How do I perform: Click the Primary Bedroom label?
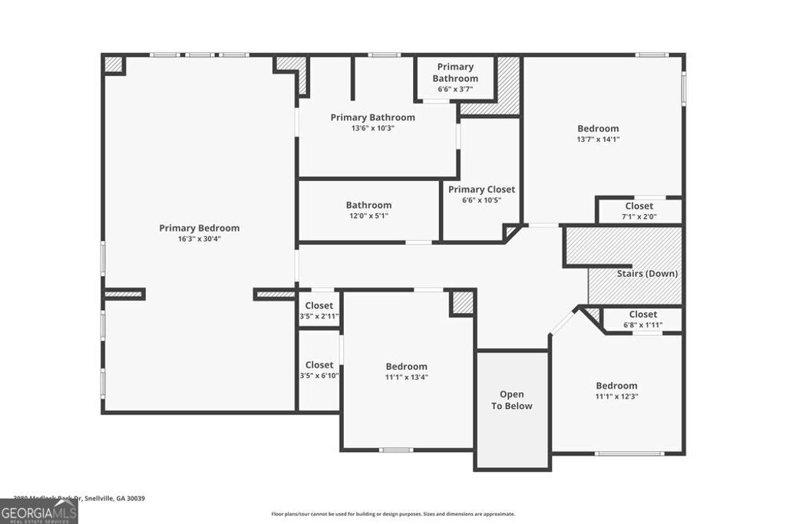point(199,228)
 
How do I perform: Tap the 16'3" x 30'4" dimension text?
point(199,239)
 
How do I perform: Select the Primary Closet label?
point(481,189)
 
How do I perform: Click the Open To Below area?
point(512,400)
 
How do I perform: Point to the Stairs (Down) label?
point(647,273)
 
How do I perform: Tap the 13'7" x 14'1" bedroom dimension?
point(598,140)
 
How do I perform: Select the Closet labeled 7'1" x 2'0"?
point(639,211)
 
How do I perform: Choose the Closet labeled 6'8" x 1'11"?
point(642,319)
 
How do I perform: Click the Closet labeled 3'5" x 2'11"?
point(319,310)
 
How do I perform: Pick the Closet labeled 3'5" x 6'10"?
point(319,370)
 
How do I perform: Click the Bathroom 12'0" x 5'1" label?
point(368,210)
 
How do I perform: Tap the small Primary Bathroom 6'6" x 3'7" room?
point(455,78)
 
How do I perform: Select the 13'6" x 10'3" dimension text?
point(373,128)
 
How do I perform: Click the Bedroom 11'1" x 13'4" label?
point(406,371)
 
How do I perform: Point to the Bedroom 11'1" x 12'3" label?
point(616,391)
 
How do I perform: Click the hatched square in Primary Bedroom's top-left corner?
point(114,64)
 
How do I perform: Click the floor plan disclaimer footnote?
point(393,514)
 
